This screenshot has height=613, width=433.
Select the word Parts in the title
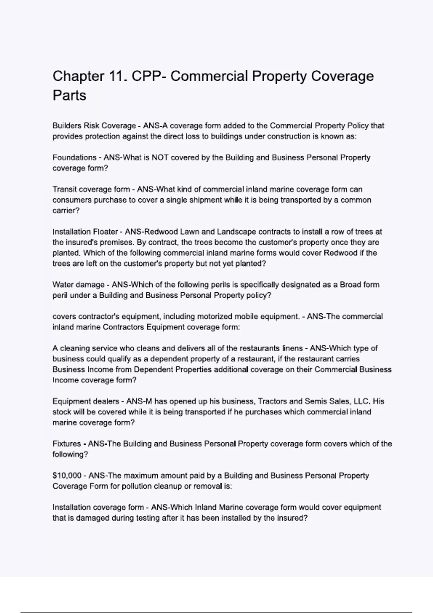pos(69,96)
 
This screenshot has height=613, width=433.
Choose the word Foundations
pos(74,158)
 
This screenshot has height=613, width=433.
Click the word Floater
pos(105,231)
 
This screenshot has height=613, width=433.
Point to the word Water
pos(63,285)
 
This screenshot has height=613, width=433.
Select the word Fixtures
pos(67,444)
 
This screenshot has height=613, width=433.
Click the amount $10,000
pos(67,476)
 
